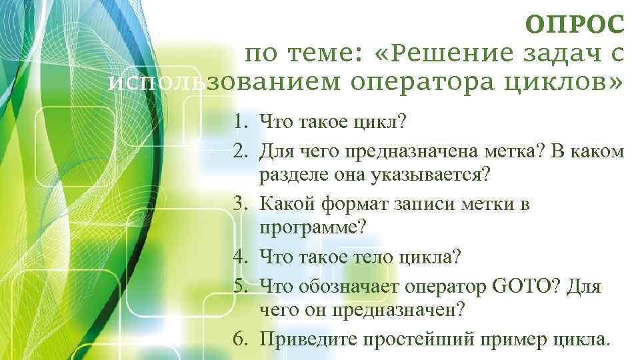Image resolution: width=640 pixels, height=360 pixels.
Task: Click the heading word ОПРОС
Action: coord(575,25)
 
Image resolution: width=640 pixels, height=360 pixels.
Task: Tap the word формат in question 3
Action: coord(351,203)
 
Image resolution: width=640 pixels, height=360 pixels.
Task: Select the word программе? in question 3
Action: coord(313,228)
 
